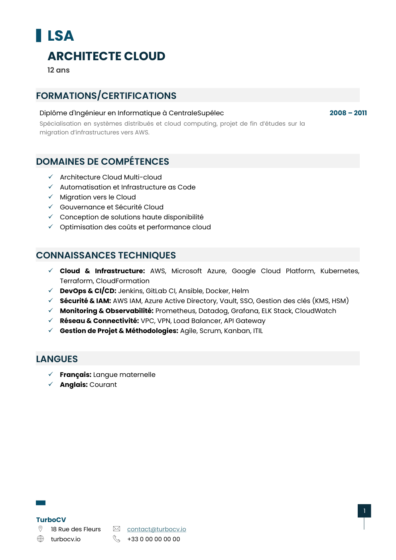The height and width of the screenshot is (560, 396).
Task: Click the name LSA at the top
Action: pyautogui.click(x=61, y=36)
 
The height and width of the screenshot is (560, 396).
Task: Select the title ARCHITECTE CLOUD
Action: pyautogui.click(x=106, y=56)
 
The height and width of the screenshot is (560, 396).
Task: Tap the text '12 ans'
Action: pyautogui.click(x=58, y=70)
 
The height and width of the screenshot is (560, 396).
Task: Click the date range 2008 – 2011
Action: pyautogui.click(x=348, y=113)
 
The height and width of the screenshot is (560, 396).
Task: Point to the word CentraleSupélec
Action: pyautogui.click(x=196, y=113)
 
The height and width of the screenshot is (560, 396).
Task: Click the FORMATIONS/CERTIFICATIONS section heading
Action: pyautogui.click(x=106, y=96)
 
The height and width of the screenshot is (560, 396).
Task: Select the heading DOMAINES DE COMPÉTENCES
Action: pyautogui.click(x=102, y=162)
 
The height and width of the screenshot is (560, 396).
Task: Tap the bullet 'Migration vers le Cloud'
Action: pyautogui.click(x=98, y=197)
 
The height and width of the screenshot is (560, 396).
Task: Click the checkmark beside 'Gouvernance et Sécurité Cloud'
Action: pyautogui.click(x=51, y=207)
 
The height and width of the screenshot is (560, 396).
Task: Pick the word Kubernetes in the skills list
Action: pyautogui.click(x=339, y=271)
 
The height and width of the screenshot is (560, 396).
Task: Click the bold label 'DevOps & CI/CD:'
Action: pyautogui.click(x=88, y=291)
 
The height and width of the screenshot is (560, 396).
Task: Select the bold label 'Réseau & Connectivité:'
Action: pyautogui.click(x=99, y=321)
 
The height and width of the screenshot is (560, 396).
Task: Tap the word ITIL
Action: pyautogui.click(x=258, y=331)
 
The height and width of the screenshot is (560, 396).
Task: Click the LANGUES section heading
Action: pyautogui.click(x=57, y=359)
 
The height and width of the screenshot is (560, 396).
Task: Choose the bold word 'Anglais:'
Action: pyautogui.click(x=73, y=385)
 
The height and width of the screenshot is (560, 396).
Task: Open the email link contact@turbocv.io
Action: pyautogui.click(x=156, y=529)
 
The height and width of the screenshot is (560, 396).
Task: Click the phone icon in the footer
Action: pyautogui.click(x=116, y=539)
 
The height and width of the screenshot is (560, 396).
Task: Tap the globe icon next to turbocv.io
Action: pyautogui.click(x=40, y=539)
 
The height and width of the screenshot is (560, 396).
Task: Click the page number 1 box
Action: pyautogui.click(x=364, y=511)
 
